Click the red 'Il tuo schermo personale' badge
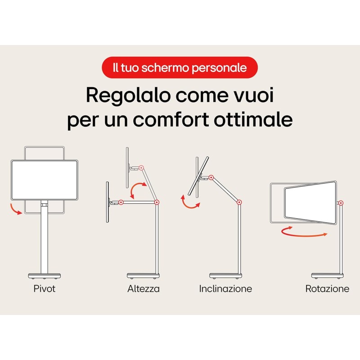[180, 68]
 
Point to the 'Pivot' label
[45, 289]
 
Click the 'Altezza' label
[143, 289]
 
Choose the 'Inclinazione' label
[225, 289]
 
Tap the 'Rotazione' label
[327, 289]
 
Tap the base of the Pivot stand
[45, 275]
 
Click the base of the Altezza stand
[144, 275]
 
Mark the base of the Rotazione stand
[328, 275]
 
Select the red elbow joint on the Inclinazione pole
[238, 203]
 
